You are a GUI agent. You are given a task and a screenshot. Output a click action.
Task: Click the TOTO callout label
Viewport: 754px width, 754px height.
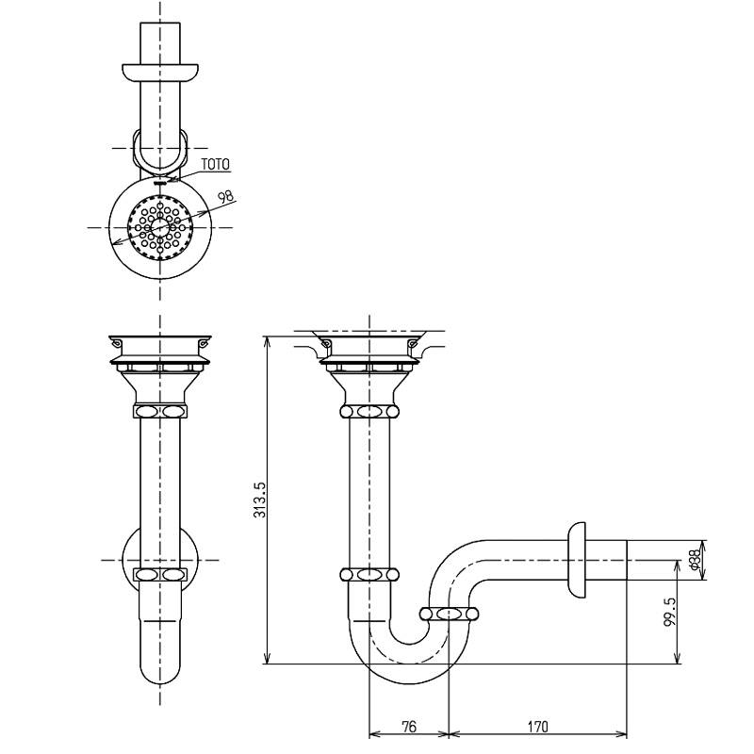click(215, 164)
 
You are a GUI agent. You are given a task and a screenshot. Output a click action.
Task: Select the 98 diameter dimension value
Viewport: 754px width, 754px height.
click(225, 196)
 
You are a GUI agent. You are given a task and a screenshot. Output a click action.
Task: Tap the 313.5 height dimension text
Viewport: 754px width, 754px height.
click(259, 500)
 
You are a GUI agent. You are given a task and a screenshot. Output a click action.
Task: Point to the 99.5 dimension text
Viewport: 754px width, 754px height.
click(669, 611)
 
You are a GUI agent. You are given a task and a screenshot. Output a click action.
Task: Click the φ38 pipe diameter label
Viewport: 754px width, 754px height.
click(696, 560)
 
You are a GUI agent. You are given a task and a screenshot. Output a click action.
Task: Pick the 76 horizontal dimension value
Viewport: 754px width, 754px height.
click(408, 727)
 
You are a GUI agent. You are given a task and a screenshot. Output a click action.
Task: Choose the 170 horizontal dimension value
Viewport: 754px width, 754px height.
click(537, 727)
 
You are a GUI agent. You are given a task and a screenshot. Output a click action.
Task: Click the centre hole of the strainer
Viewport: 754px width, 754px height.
click(159, 227)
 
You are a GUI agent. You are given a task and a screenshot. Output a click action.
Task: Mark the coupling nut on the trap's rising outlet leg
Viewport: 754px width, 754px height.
click(450, 614)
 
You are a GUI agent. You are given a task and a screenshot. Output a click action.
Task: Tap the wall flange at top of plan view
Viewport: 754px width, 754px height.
click(159, 72)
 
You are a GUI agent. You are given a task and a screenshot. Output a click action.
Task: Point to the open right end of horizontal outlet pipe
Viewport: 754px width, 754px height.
click(627, 560)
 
